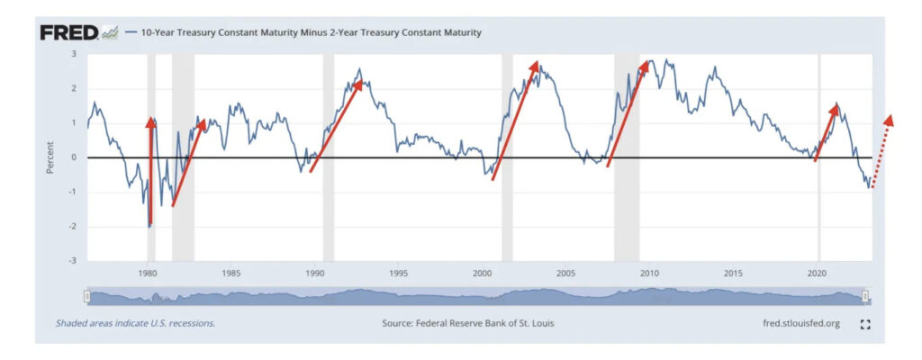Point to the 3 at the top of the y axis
point(75,54)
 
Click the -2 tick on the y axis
point(73,227)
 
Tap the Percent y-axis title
point(51,157)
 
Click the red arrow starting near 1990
point(336,124)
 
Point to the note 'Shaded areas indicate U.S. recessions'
point(135,322)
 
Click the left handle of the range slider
point(86,296)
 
